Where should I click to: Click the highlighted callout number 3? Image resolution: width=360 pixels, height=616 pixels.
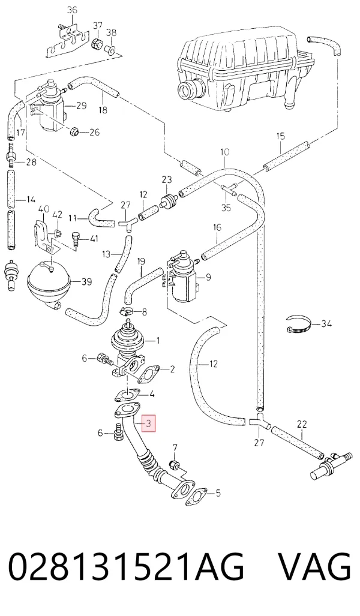pos(149,423)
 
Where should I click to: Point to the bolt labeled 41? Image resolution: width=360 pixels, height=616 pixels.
pos(76,239)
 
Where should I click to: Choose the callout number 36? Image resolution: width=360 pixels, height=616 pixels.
pos(72,10)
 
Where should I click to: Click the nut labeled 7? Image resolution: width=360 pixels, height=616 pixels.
pos(175,465)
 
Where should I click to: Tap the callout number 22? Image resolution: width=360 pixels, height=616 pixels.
pos(302,424)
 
